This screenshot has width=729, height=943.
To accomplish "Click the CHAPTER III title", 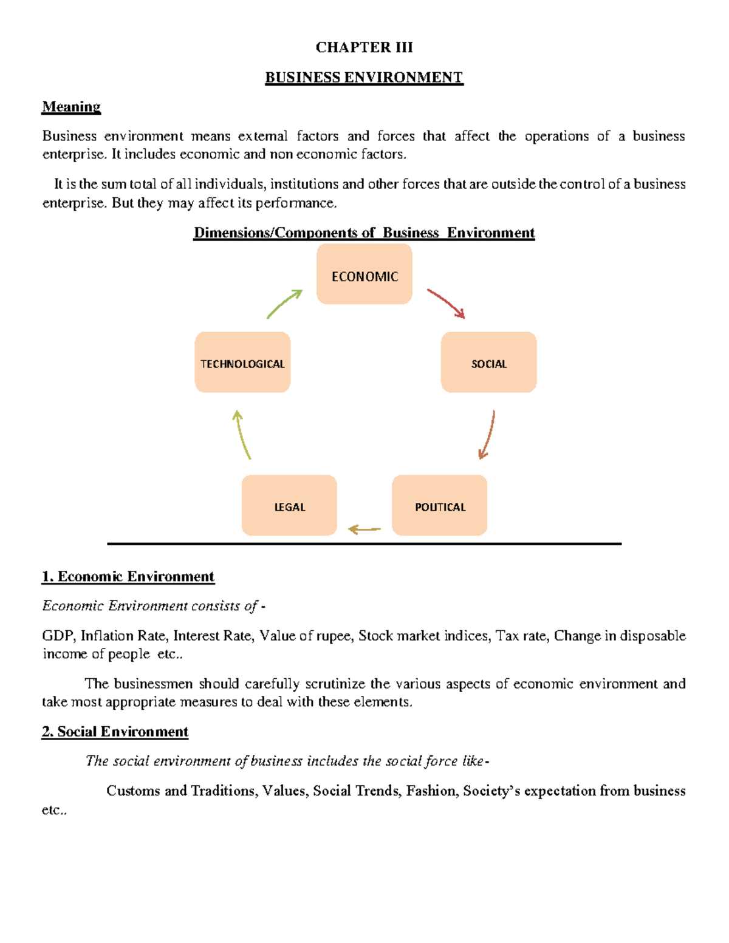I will (x=364, y=47).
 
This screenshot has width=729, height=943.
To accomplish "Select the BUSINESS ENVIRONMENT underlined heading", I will (x=364, y=78).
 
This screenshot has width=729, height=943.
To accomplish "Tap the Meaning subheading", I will (x=71, y=107).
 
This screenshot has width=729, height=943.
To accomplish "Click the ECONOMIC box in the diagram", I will (x=364, y=274).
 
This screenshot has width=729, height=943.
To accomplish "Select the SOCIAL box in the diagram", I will (x=488, y=363).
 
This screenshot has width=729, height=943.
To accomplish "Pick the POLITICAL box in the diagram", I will (x=439, y=506).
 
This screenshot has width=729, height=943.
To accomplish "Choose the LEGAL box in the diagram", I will (x=289, y=506).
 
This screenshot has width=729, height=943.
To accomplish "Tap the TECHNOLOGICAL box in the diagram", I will (x=242, y=363).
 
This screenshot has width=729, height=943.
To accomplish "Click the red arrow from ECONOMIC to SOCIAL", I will (x=447, y=303).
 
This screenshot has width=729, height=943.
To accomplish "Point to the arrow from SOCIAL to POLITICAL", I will (x=488, y=435).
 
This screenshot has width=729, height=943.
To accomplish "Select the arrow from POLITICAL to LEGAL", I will (x=364, y=529).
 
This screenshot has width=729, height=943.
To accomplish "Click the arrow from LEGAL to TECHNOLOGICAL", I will (x=242, y=434).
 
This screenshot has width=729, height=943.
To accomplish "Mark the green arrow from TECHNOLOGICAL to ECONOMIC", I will (x=284, y=303).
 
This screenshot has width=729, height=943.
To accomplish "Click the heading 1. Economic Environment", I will (x=128, y=576).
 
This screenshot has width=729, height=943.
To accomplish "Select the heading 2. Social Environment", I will (x=115, y=731).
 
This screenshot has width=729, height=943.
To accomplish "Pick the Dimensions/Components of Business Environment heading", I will (x=364, y=233).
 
